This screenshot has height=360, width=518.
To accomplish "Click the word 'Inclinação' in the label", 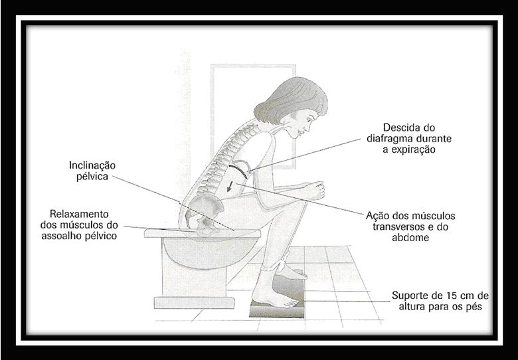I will click(92, 165).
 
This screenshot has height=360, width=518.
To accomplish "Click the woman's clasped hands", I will click(317, 191).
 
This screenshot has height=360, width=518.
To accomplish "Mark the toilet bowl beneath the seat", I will click(199, 252).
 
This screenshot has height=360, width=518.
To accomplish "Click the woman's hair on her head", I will click(292, 93).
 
